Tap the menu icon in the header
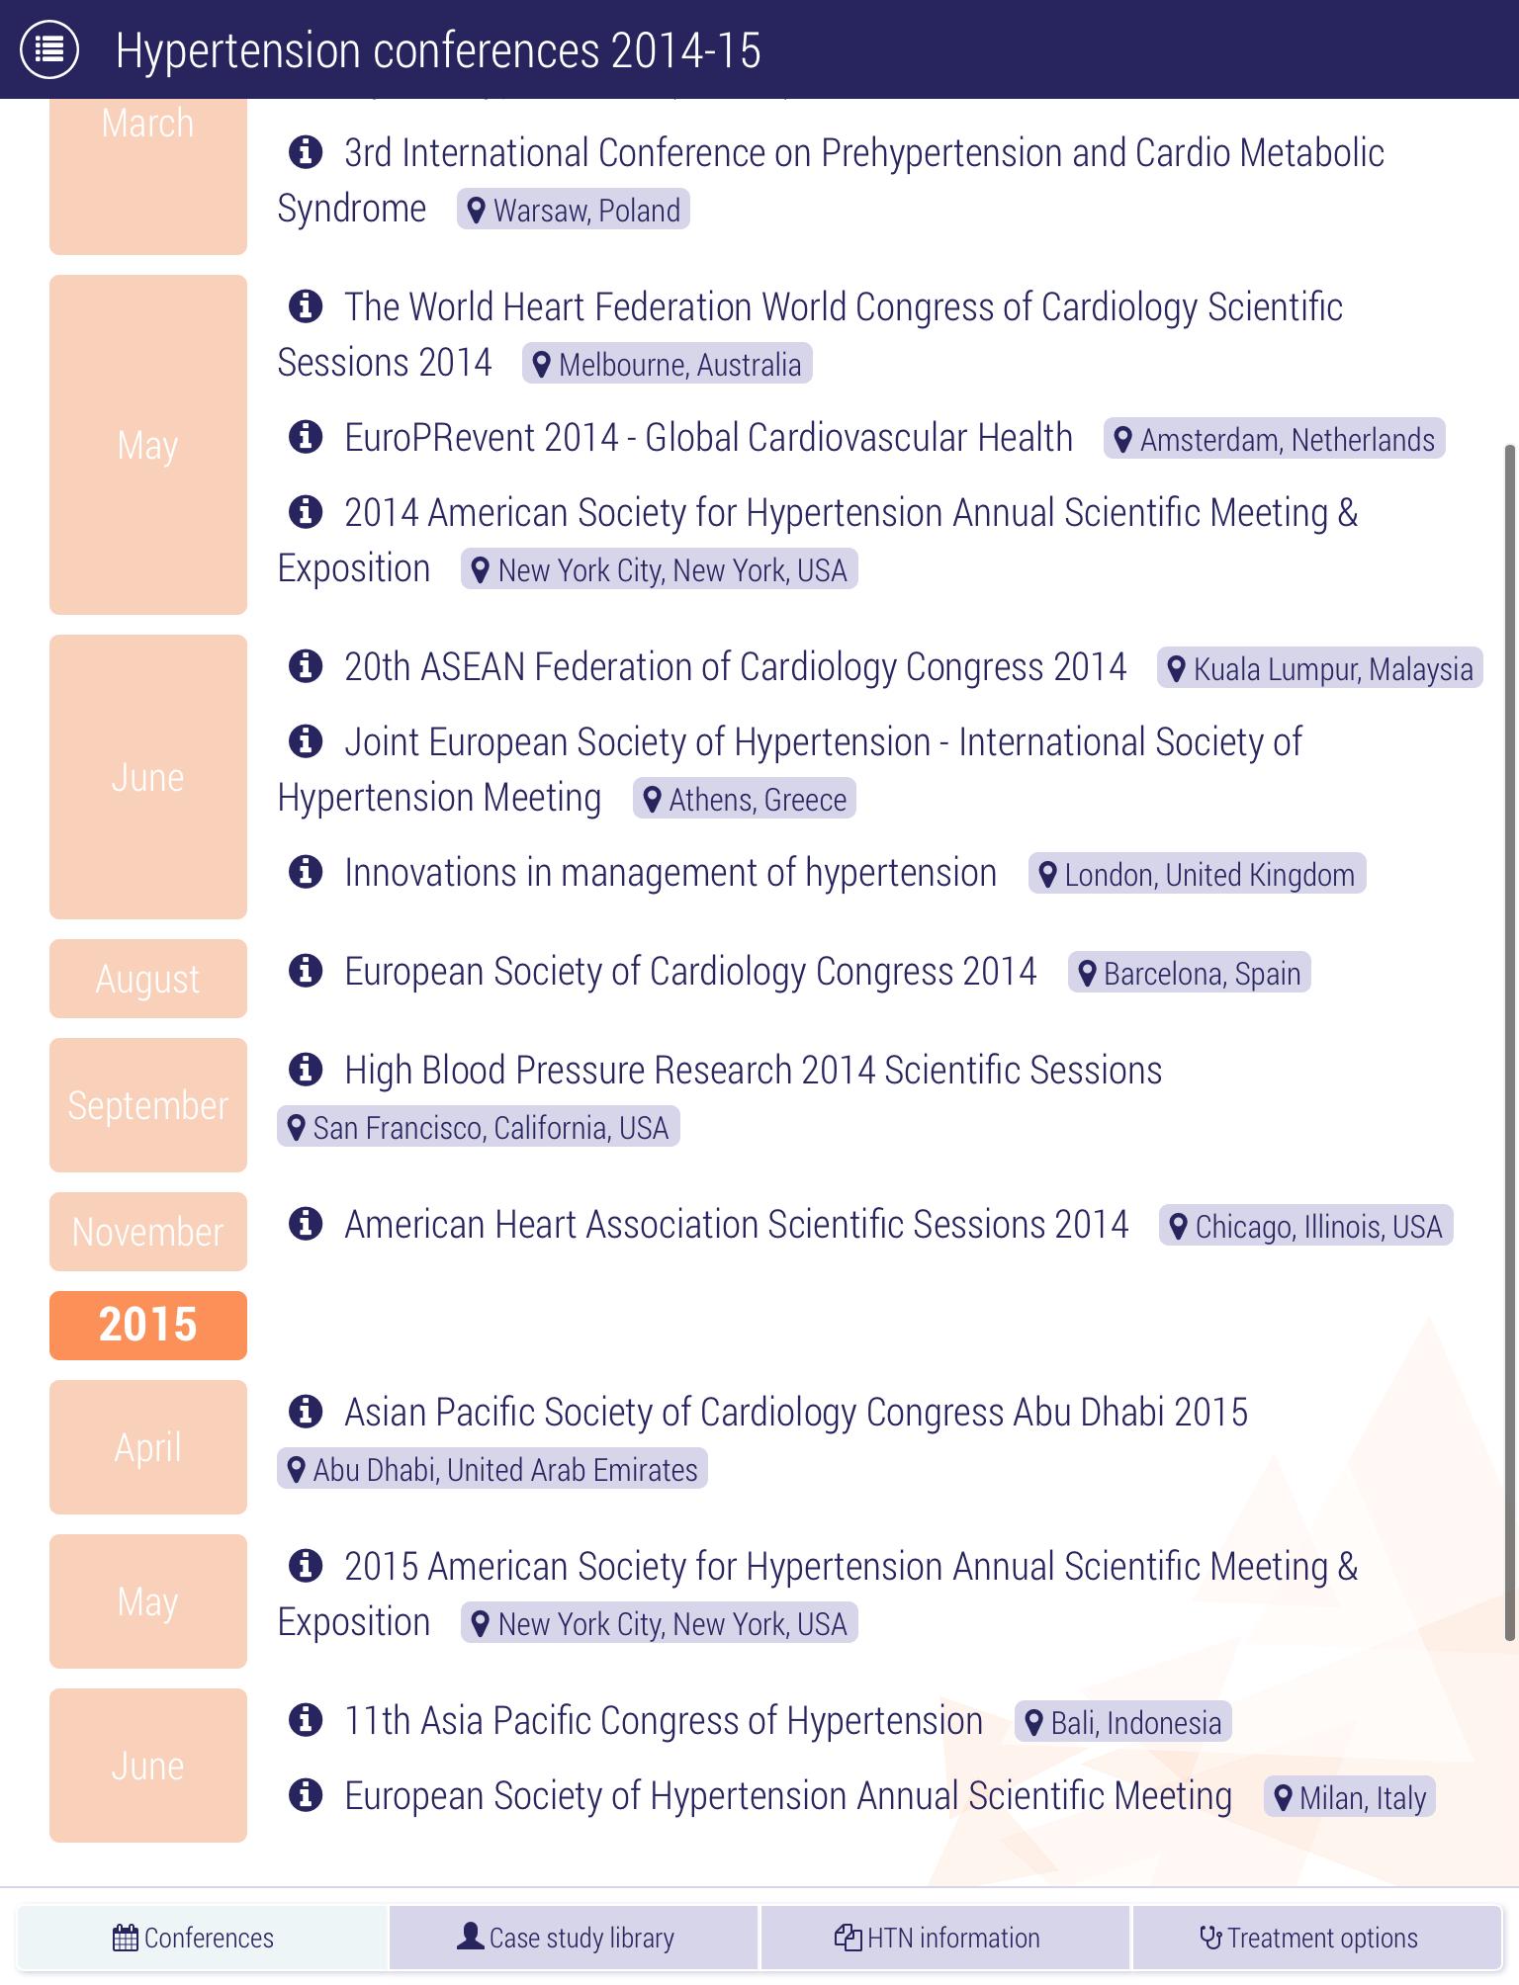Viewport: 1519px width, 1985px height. coord(49,48)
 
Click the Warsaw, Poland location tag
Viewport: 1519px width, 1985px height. coord(574,211)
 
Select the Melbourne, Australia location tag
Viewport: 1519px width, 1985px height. coord(668,365)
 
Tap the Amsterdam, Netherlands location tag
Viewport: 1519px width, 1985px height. coord(1274,440)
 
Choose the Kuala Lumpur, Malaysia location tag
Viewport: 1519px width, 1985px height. coord(1319,669)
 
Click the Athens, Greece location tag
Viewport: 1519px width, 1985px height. coord(745,800)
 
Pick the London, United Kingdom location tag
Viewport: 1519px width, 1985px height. coord(1197,875)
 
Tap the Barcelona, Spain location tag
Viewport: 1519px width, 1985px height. coord(1189,974)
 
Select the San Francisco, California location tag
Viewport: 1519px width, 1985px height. coord(479,1128)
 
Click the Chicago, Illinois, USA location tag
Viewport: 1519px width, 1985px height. coord(1305,1227)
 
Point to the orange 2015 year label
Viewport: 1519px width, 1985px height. coord(148,1326)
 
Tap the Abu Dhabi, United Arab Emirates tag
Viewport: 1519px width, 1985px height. coord(492,1470)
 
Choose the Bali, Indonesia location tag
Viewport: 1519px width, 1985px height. coord(1122,1723)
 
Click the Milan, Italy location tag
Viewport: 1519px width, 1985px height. coord(1350,1798)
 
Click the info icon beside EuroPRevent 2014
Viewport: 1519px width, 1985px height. coord(306,436)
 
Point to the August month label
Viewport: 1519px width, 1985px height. coord(148,979)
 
